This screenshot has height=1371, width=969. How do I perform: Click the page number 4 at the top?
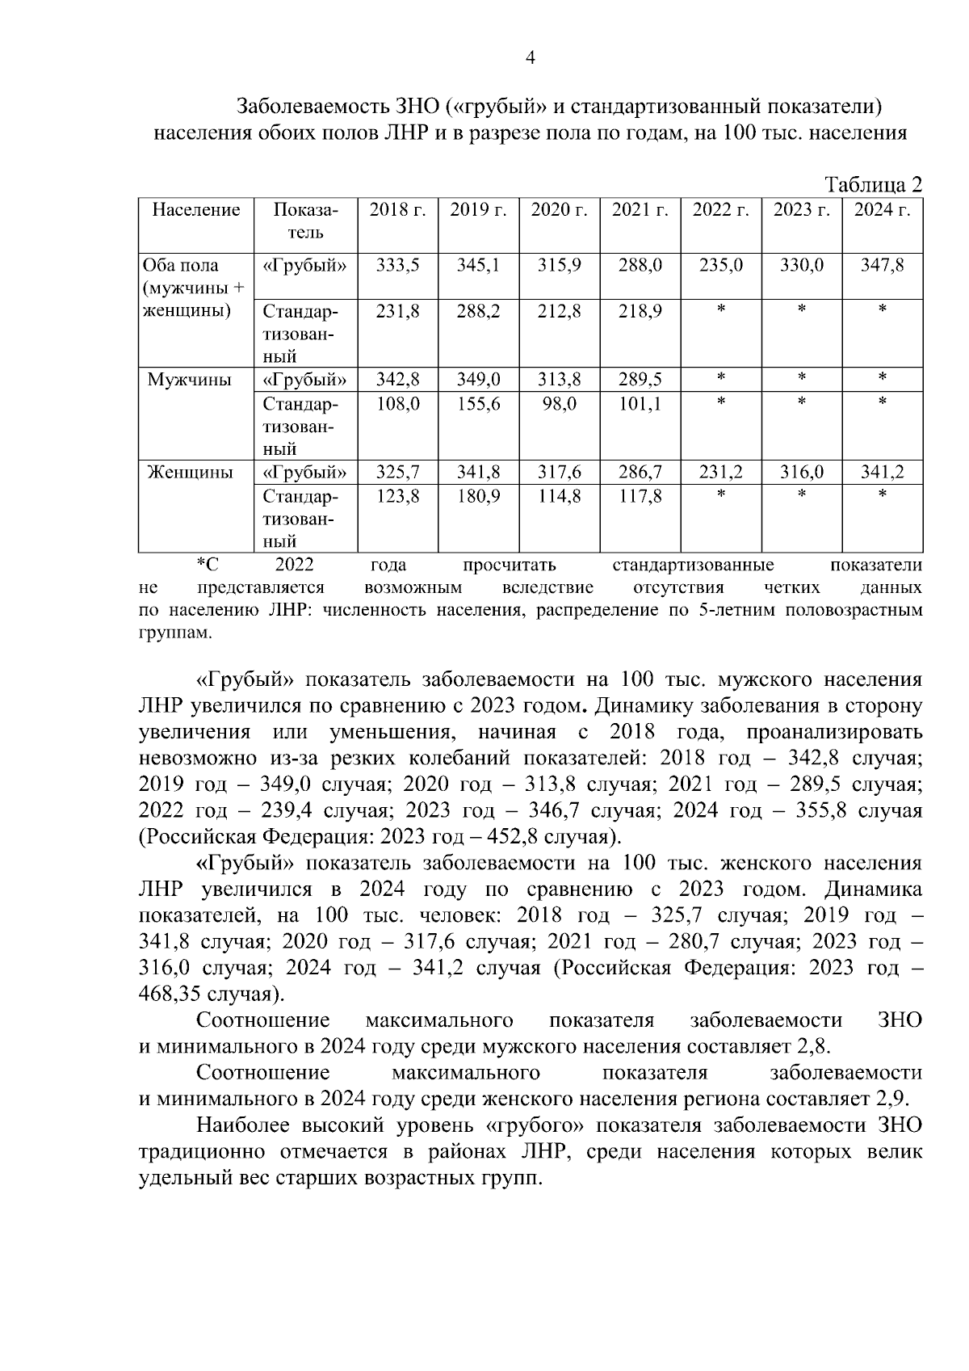point(531,57)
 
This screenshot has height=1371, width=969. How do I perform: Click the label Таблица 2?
point(872,185)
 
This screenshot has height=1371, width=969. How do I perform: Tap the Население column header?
point(196,211)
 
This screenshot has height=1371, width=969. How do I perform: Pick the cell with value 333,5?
point(397,266)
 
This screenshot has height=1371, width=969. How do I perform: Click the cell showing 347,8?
point(882,266)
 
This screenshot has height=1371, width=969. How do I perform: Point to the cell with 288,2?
point(478,312)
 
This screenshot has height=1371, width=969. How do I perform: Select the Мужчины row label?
point(189,381)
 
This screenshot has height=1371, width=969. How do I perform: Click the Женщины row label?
point(190,473)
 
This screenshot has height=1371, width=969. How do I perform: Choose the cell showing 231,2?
point(720,473)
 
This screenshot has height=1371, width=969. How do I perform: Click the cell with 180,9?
point(478,496)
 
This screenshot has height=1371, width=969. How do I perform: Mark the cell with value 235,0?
point(720,266)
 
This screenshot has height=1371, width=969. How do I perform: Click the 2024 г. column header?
point(882,211)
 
